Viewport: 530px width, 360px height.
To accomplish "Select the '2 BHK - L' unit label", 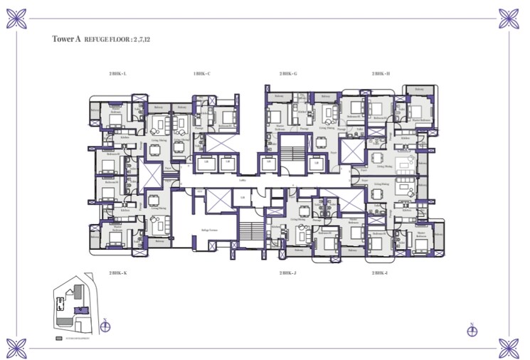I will click(x=118, y=73).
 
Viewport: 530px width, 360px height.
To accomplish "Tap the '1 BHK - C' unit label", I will click(x=202, y=73).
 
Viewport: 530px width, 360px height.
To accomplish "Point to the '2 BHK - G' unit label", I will click(x=288, y=73).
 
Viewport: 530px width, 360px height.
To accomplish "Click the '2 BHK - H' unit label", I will click(x=381, y=73).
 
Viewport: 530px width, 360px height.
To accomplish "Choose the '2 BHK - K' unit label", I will click(x=118, y=273).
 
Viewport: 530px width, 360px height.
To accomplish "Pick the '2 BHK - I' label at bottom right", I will click(x=381, y=273).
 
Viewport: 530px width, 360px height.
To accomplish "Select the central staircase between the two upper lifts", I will click(x=290, y=153).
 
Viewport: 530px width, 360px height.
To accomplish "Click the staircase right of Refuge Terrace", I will click(x=249, y=231).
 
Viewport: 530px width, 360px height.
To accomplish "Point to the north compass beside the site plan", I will click(x=105, y=326).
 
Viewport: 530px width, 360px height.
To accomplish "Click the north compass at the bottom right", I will click(x=472, y=329).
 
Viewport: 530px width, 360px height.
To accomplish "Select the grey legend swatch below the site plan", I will click(x=59, y=339).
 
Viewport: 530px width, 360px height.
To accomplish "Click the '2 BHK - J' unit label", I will click(x=288, y=273).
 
